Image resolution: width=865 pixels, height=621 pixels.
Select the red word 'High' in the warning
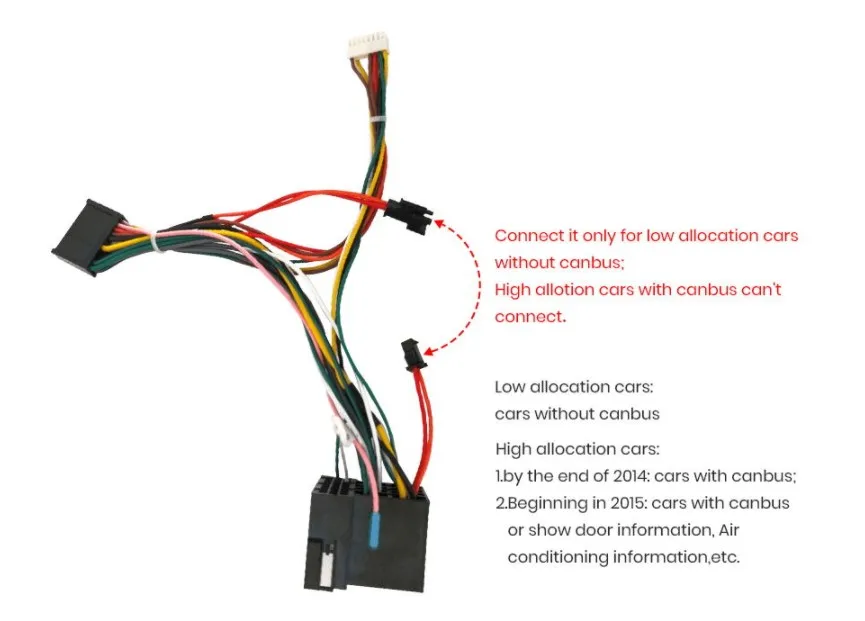pos(514,290)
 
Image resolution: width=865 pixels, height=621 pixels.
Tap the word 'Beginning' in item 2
pos(551,503)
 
